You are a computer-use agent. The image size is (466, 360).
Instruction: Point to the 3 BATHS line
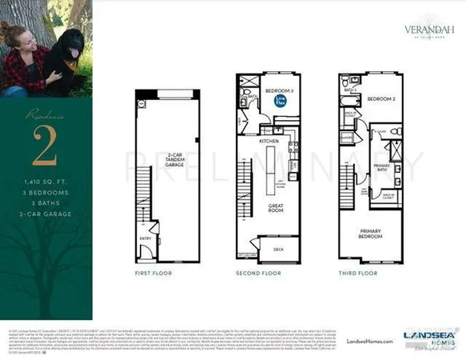(41, 202)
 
